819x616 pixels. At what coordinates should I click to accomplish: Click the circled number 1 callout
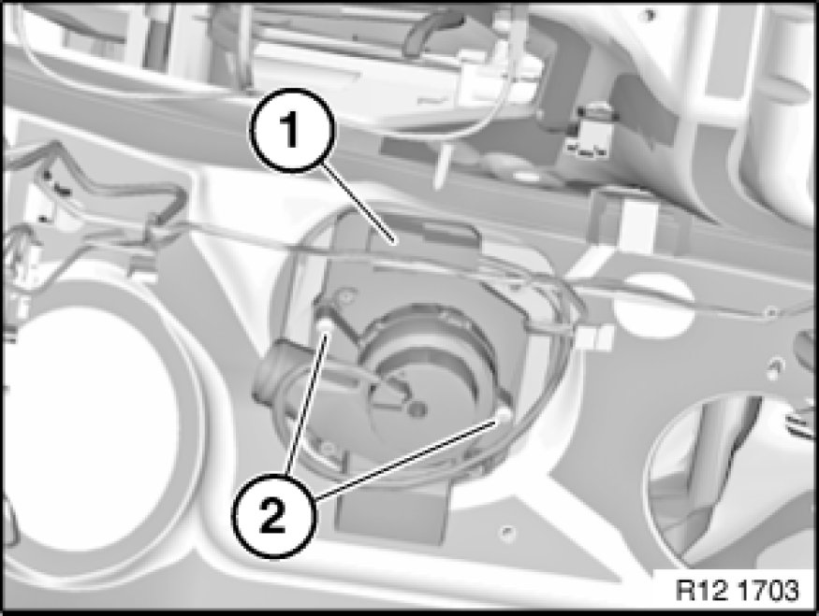291,131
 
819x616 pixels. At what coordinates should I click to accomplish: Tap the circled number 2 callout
275,516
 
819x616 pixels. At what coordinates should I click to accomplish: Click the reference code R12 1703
738,591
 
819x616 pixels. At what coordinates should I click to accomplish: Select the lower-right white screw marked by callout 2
504,415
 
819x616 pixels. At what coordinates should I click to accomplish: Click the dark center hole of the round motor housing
417,409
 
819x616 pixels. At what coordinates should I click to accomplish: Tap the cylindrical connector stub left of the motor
271,369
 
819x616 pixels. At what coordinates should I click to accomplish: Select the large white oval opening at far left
89,429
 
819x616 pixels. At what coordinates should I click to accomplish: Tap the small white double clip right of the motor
596,337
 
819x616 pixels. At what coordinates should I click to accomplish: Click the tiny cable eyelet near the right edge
771,313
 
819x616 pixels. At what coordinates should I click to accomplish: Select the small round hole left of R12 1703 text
506,532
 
